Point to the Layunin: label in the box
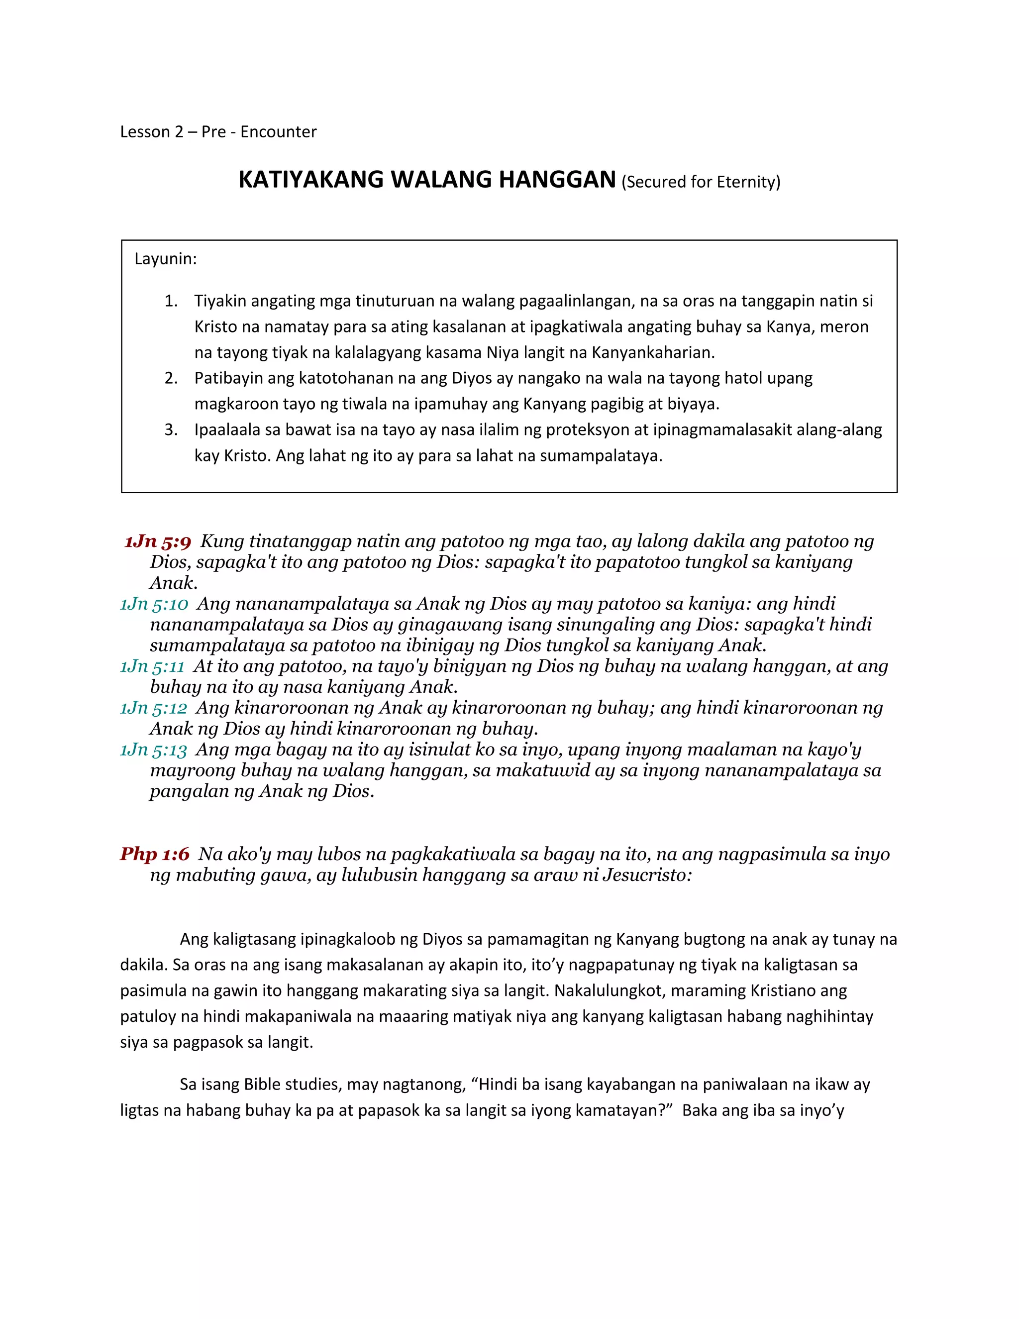click(165, 259)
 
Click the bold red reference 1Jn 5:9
click(158, 541)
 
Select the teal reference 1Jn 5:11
click(152, 666)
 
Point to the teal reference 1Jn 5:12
click(153, 707)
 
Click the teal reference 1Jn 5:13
click(153, 750)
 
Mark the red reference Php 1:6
click(155, 854)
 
